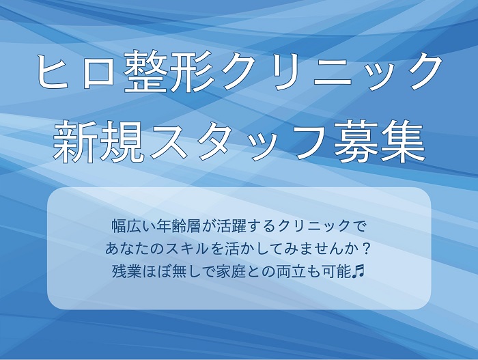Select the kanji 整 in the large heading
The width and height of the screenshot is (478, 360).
click(x=145, y=72)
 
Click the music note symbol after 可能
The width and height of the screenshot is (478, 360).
click(x=358, y=271)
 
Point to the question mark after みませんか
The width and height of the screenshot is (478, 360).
click(x=367, y=249)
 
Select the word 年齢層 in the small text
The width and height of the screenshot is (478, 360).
click(x=176, y=226)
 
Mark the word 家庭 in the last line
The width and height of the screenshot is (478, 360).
click(x=231, y=271)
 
